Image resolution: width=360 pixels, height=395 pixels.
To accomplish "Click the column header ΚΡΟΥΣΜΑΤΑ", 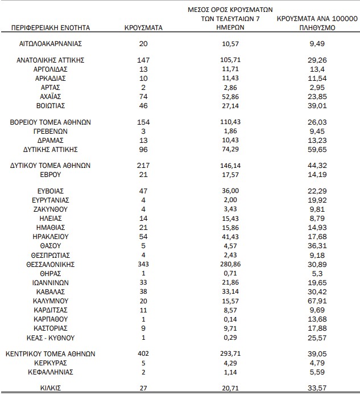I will (x=143, y=27).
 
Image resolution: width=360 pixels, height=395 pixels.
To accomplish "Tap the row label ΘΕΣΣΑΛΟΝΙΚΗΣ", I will (x=51, y=265).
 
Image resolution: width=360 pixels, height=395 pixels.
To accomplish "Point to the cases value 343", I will (x=143, y=265).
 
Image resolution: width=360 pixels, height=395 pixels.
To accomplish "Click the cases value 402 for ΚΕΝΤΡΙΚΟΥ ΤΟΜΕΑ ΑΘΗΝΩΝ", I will (x=143, y=353).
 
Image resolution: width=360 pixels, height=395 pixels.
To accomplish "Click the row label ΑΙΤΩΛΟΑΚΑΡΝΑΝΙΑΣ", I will (x=51, y=43).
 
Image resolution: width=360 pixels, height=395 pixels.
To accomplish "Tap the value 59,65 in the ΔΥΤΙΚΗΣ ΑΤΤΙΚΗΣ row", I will (x=316, y=149).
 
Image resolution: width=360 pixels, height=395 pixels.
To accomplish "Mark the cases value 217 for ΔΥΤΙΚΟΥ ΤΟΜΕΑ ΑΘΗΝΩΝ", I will (x=143, y=165).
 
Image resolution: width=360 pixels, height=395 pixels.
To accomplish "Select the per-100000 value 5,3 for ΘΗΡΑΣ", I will (x=316, y=274).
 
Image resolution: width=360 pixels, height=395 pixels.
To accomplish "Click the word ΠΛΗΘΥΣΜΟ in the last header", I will (x=316, y=27).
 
